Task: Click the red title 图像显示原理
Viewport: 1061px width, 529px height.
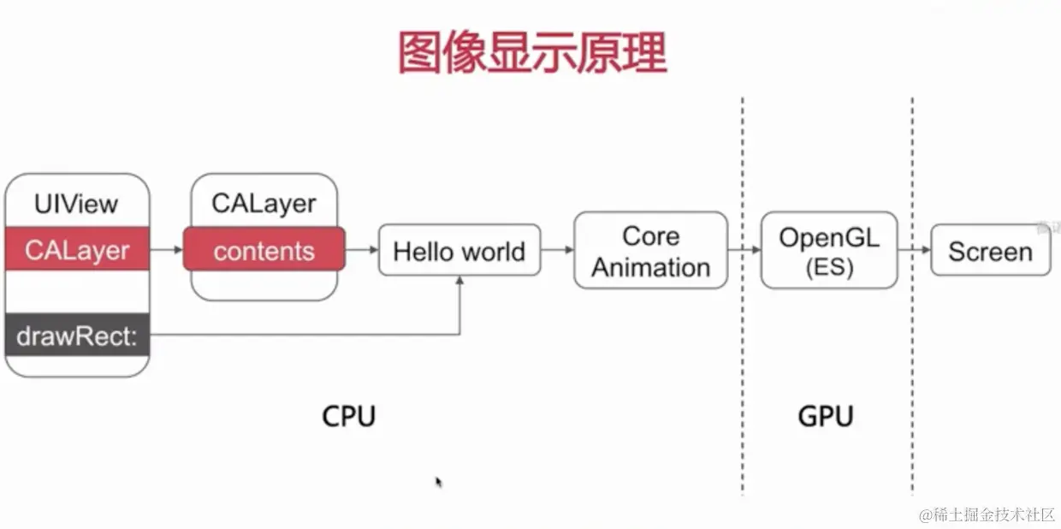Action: [x=531, y=53]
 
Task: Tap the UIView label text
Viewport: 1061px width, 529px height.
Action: [x=77, y=205]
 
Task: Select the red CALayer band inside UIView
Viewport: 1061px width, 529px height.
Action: [x=77, y=250]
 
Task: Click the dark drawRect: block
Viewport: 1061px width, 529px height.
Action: [x=77, y=336]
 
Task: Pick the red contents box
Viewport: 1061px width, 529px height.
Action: [x=264, y=250]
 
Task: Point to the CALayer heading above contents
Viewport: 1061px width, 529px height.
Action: [x=264, y=204]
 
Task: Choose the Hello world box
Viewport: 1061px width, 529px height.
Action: [x=459, y=251]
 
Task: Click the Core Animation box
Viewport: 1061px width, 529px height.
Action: [x=650, y=251]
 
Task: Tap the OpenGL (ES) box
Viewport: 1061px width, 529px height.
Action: [x=828, y=250]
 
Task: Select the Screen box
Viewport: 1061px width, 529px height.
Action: [x=990, y=251]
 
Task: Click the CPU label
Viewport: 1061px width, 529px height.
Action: [x=349, y=416]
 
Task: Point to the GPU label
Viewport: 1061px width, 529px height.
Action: [x=826, y=416]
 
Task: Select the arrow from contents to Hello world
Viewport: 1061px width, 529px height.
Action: [x=361, y=250]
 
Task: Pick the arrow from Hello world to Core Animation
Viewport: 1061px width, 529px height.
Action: [x=557, y=250]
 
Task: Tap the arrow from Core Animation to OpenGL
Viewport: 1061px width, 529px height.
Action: [x=744, y=250]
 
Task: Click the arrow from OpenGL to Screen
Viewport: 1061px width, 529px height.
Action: [x=914, y=250]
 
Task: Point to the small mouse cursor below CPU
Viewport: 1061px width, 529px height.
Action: [x=438, y=482]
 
